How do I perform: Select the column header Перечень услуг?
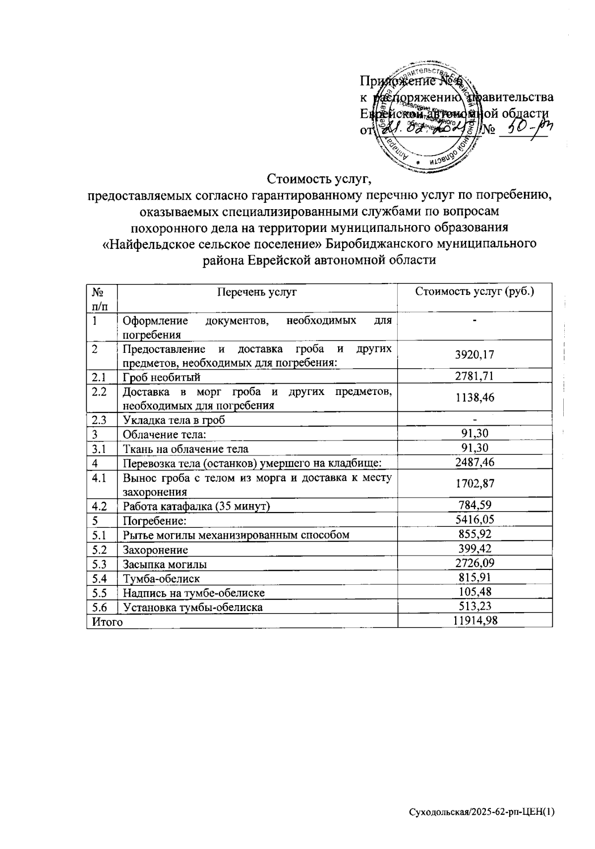[257, 292]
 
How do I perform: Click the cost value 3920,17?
[475, 354]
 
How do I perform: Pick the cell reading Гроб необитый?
[162, 378]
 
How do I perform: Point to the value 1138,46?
[475, 397]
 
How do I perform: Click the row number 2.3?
[100, 420]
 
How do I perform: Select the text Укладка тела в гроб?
[174, 420]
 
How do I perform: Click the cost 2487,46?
[475, 462]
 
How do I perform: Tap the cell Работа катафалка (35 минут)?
[196, 507]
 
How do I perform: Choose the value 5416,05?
[475, 519]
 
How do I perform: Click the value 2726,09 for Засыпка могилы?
[475, 563]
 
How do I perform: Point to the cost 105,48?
[475, 592]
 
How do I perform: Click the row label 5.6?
[100, 607]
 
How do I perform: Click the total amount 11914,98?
[475, 621]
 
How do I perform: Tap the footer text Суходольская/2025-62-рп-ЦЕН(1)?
[481, 812]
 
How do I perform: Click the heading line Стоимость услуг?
[320, 177]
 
